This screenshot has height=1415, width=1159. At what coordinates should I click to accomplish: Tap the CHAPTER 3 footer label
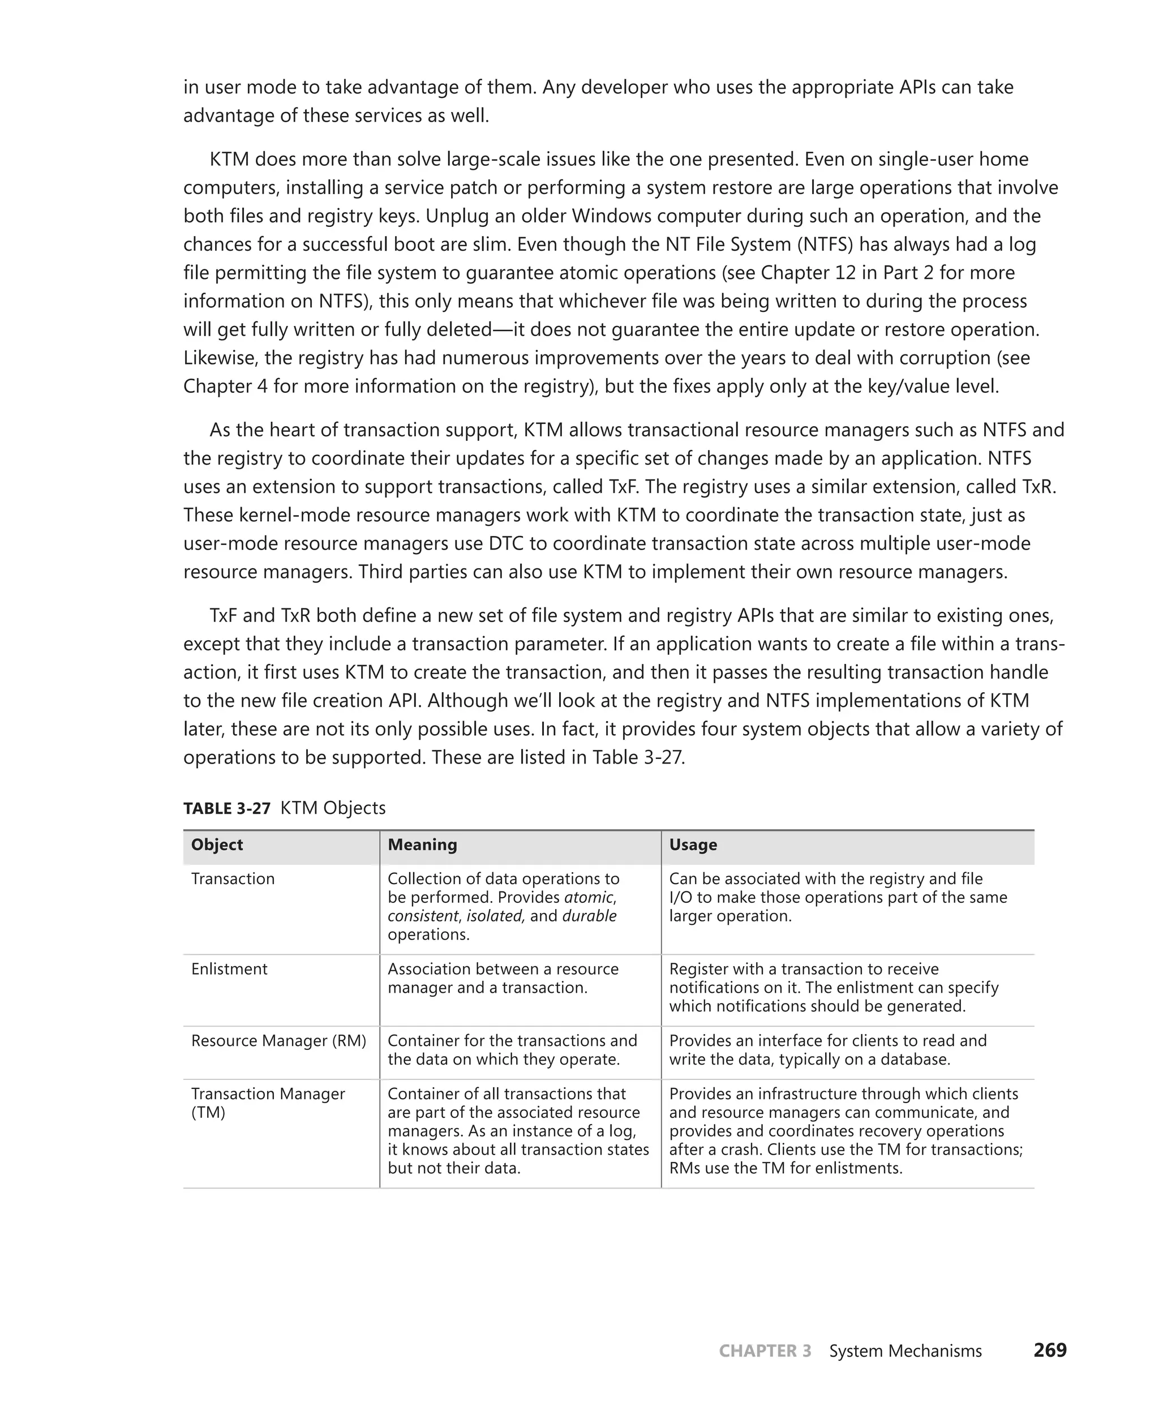765,1351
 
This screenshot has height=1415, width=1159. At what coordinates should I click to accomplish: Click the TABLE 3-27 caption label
226,808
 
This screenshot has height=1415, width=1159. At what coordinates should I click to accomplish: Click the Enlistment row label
229,969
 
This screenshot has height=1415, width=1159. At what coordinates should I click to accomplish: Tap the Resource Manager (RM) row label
278,1040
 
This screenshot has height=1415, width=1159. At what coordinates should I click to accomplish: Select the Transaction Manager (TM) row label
267,1103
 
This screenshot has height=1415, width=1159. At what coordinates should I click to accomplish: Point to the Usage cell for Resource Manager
827,1050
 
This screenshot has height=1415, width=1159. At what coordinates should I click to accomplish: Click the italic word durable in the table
589,916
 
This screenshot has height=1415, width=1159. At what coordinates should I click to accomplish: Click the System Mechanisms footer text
905,1351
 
